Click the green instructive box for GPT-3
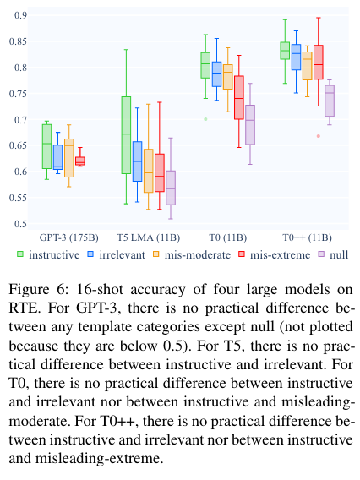point(46,146)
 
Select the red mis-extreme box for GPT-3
point(80,161)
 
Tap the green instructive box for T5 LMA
point(126,135)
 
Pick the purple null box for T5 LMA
point(171,188)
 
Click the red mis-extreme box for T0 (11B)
point(239,97)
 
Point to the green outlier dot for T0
point(205,119)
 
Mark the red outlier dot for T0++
point(319,136)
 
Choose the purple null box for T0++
point(330,101)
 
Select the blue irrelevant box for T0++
point(296,57)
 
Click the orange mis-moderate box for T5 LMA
point(149,171)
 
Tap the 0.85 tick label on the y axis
point(18,41)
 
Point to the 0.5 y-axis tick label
point(21,224)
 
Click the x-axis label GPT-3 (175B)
point(69,237)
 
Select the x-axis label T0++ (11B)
point(307,237)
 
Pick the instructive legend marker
point(20,254)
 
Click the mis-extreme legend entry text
point(280,254)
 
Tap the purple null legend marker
point(321,254)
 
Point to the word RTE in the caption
point(25,308)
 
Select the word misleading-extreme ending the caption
point(98,459)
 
